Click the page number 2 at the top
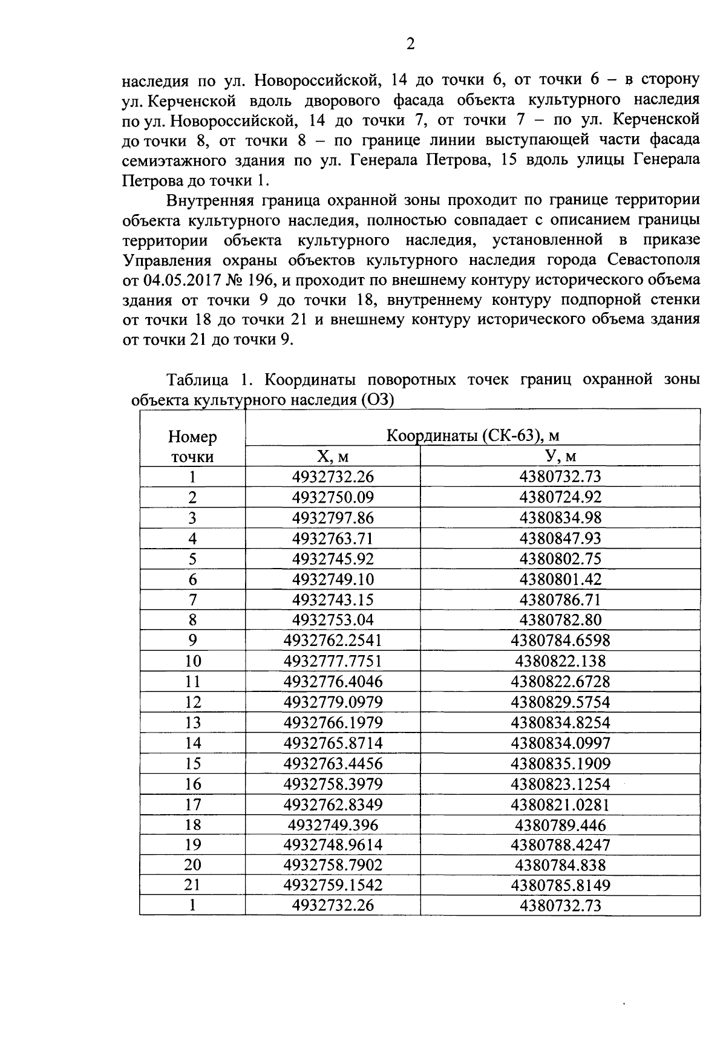pyautogui.click(x=410, y=44)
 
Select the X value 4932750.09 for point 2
pyautogui.click(x=333, y=498)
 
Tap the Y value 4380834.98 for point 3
pyautogui.click(x=560, y=518)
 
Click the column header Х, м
pyautogui.click(x=332, y=457)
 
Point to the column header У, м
pyautogui.click(x=560, y=457)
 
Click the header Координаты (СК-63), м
pyautogui.click(x=472, y=436)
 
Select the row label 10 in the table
pyautogui.click(x=192, y=661)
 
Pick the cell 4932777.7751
pyautogui.click(x=333, y=661)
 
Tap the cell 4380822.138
pyautogui.click(x=560, y=661)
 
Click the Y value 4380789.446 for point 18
pyautogui.click(x=560, y=825)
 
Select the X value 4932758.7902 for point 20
pyautogui.click(x=333, y=866)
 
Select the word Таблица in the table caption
pyautogui.click(x=197, y=380)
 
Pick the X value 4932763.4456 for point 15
pyautogui.click(x=333, y=763)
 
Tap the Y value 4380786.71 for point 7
pyautogui.click(x=560, y=600)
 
